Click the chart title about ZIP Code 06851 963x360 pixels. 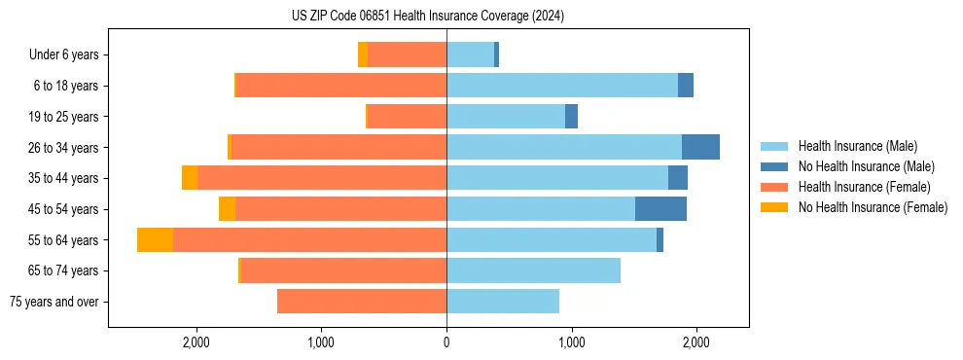(x=427, y=17)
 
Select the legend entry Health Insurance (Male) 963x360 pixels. (x=857, y=146)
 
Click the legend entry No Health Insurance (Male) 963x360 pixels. (x=866, y=166)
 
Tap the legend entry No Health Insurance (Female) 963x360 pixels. (x=873, y=207)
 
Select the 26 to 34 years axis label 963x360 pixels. (x=64, y=148)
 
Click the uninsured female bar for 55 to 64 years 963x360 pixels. (x=155, y=240)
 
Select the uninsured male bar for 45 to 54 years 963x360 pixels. (x=660, y=209)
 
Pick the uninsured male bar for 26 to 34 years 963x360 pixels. (x=700, y=148)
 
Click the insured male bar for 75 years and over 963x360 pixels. (x=503, y=302)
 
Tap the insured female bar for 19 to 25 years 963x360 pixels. (x=407, y=117)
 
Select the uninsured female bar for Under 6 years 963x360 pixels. (x=363, y=55)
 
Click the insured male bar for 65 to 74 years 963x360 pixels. (x=533, y=270)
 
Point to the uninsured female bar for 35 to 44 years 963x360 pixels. (x=190, y=178)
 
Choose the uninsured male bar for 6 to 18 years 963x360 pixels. (x=686, y=86)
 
